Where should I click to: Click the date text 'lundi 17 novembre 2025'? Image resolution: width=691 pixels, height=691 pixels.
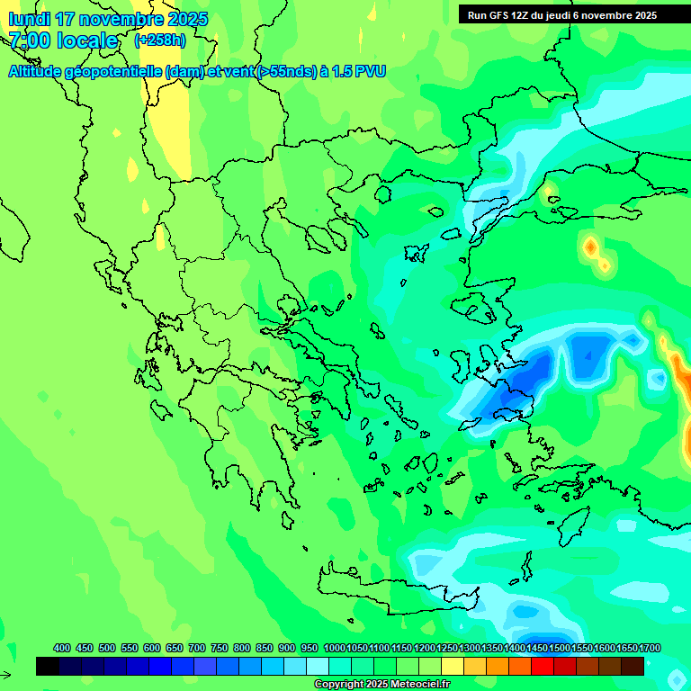click(108, 19)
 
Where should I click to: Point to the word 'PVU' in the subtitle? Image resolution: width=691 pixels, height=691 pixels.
click(369, 71)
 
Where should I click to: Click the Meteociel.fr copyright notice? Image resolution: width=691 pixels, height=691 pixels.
click(381, 685)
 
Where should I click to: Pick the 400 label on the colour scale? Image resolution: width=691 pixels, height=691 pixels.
click(62, 648)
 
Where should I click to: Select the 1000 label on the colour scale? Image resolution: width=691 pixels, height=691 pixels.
click(334, 648)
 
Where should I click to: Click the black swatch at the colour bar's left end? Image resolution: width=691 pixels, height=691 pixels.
click(48, 667)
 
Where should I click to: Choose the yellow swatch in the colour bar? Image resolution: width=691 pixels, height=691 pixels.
click(453, 667)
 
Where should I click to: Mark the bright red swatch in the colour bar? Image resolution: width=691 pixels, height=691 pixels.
click(543, 667)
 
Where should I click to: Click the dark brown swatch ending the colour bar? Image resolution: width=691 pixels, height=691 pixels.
click(633, 667)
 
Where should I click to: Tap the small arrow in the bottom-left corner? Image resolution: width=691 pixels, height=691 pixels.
click(5, 675)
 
